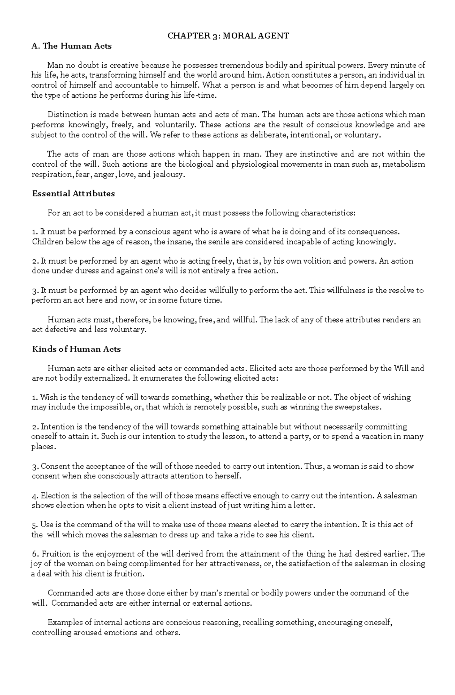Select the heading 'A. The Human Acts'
pos(72,46)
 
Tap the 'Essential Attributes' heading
pos(73,194)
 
